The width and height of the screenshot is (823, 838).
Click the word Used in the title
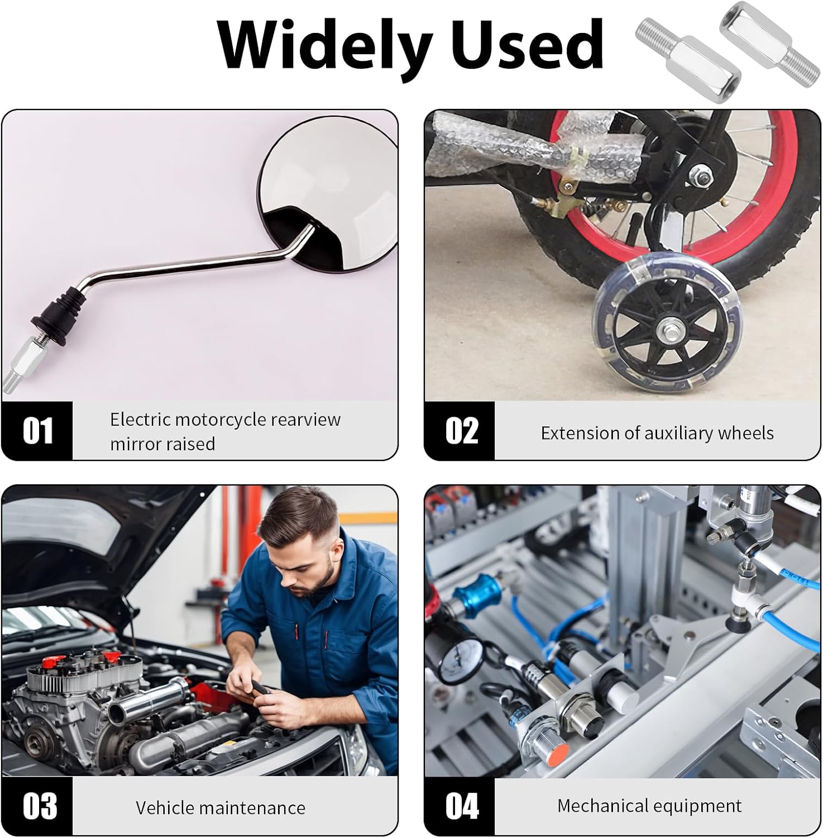(x=528, y=44)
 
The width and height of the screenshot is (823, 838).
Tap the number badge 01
(x=37, y=431)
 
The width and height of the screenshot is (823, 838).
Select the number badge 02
(x=460, y=431)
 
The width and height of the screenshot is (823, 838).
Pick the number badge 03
(x=37, y=806)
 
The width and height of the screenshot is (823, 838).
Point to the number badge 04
(x=460, y=806)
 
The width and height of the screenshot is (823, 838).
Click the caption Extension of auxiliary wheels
(x=657, y=433)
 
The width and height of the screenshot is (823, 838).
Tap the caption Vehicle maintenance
(x=221, y=808)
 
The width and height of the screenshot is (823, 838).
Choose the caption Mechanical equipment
(x=649, y=806)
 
